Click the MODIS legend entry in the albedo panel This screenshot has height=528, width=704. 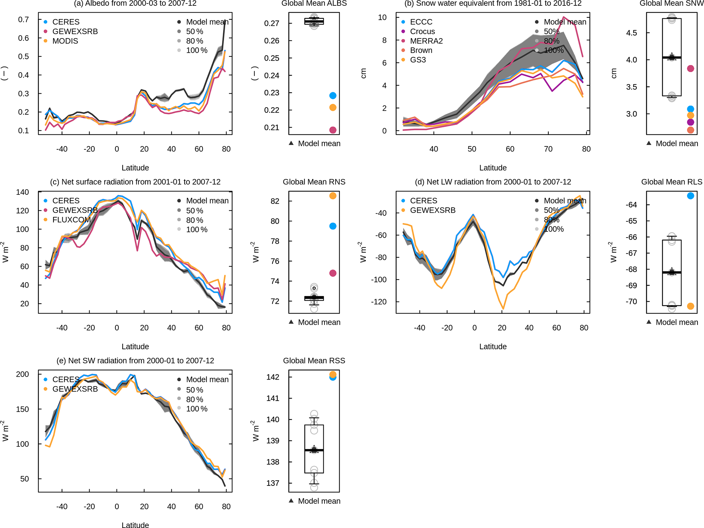coord(65,41)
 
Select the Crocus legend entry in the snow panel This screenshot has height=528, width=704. coord(422,31)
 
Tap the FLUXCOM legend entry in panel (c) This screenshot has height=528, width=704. coord(71,220)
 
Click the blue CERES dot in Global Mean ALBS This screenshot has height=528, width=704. coord(333,96)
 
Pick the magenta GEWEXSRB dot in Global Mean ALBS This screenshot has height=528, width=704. coord(333,130)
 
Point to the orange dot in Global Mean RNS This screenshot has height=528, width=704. coord(333,196)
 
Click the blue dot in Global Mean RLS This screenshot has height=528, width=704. coord(690,196)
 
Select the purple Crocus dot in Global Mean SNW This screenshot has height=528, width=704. coord(690,122)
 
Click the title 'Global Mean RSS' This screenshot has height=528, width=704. coord(314,361)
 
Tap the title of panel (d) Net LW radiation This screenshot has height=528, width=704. coord(492,182)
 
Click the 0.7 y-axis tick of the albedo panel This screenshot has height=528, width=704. coord(24,19)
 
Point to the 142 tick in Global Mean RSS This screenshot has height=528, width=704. coord(273,377)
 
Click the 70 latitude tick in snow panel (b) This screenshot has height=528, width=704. coord(548,149)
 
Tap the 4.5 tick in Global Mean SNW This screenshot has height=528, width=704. coord(631,33)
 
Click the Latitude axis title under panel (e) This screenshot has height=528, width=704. coord(135,525)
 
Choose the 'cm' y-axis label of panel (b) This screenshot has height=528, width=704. coord(363,73)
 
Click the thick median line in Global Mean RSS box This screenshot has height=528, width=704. coord(314,450)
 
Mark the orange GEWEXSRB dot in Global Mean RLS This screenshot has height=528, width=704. coord(690,306)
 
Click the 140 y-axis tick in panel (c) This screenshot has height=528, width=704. coord(22,192)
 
